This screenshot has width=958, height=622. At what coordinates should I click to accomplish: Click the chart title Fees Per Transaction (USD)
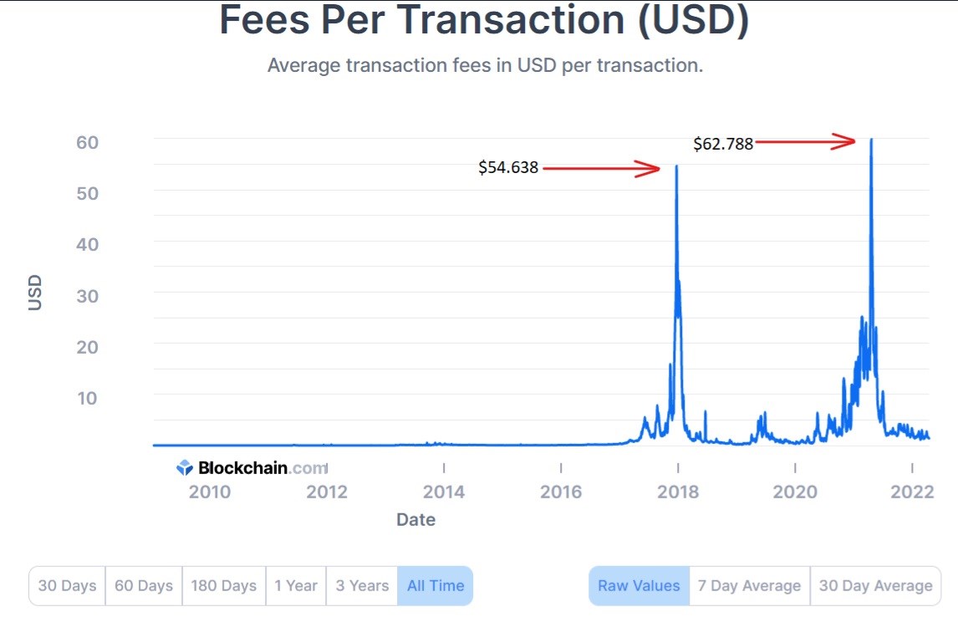coord(484,22)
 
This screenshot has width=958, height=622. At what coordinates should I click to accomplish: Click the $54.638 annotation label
coord(508,168)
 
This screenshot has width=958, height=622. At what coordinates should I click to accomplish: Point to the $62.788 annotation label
coord(723,144)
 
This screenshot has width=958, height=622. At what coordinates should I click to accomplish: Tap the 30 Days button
coord(67,586)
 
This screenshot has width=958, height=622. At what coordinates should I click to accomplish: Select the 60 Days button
coord(144,586)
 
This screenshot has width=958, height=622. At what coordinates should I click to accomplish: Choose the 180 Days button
coord(223,586)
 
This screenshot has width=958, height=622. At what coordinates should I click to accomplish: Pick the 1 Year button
coord(296,586)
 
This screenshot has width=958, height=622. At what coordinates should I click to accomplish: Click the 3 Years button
coord(362,586)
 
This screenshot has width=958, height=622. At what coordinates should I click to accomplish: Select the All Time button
coord(435,586)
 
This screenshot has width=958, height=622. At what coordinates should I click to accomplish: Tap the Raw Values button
coord(639,586)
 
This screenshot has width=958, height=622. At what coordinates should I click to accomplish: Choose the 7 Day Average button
coord(749,586)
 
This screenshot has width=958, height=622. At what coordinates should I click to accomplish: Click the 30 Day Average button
coord(875,586)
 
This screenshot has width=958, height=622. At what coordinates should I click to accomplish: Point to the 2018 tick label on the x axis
coord(678,492)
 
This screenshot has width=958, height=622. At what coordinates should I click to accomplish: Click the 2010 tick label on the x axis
coord(209,492)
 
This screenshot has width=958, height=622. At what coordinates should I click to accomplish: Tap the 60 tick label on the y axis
coord(87,142)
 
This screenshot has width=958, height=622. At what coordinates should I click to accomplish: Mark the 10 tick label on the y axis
coord(87,398)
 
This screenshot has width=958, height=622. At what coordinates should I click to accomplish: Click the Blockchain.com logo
coord(251,468)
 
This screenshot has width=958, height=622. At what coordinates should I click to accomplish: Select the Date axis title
coord(415,520)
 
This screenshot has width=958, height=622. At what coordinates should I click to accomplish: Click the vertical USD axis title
coord(35,293)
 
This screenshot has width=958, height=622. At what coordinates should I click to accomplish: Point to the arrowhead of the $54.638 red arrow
coord(655,169)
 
